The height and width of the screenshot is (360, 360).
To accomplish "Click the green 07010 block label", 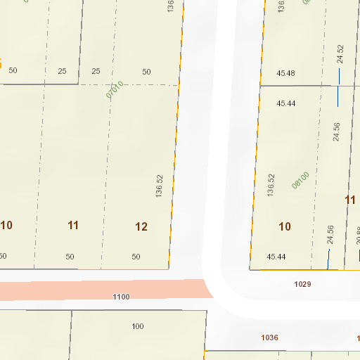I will (115, 89).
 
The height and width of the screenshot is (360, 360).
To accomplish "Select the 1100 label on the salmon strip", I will (121, 297).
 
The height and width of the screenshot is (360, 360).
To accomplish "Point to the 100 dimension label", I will (138, 326).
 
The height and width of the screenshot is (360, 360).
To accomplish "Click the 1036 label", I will (270, 338).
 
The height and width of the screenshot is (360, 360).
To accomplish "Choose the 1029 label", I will (302, 284).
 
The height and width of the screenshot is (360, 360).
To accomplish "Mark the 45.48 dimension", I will (286, 74).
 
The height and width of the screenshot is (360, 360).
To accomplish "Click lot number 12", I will (141, 226).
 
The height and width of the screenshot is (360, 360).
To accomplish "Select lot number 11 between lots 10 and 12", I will (73, 226).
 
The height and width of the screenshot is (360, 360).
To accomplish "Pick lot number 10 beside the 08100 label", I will (285, 226).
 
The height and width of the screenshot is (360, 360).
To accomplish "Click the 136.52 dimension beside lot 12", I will (160, 186).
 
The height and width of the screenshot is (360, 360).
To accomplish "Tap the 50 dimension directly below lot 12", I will (136, 257).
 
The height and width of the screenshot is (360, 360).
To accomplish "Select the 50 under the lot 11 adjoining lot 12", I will (70, 257).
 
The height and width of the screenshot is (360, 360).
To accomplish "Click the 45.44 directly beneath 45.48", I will (286, 103).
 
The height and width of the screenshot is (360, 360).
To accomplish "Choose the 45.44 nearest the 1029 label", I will (276, 257).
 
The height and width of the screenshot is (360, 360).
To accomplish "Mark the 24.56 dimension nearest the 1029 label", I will (330, 235).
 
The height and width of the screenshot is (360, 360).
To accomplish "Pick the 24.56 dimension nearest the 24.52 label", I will (337, 132).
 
